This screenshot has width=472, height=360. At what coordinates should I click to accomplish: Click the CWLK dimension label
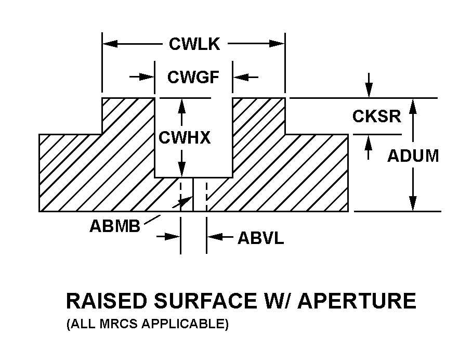coord(194,44)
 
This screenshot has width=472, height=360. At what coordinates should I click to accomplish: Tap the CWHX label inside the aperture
coord(185,138)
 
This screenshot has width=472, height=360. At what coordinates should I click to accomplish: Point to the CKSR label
coord(377,116)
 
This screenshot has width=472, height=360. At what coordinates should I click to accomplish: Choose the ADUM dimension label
coord(413,156)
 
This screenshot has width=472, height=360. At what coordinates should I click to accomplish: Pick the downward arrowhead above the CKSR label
coord(369,92)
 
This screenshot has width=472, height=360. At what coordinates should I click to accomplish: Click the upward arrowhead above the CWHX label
coord(181,105)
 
